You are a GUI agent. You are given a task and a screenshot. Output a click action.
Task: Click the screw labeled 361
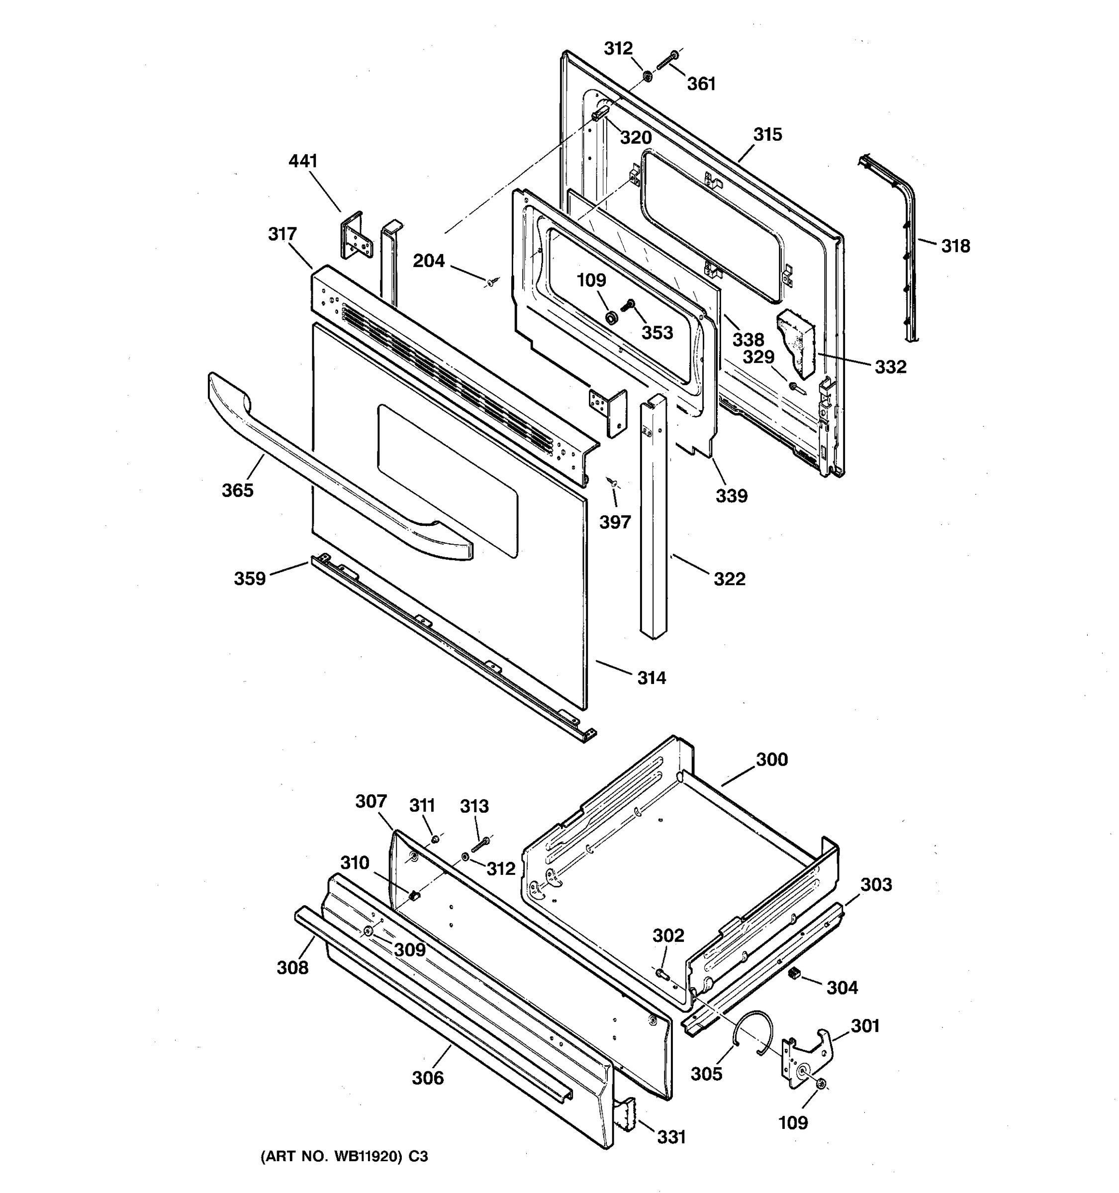point(665,61)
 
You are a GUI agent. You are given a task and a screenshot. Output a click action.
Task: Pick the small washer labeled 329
point(794,386)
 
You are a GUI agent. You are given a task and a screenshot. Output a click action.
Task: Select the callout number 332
point(890,367)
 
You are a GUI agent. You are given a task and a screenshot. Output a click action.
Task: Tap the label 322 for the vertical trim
point(730,579)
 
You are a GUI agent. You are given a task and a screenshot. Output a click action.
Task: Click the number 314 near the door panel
point(652,678)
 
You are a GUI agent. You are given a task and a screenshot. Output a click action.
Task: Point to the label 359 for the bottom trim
point(250,579)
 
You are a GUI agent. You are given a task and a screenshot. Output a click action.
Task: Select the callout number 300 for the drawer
point(771,759)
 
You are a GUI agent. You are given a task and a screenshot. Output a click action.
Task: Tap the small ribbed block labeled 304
point(794,973)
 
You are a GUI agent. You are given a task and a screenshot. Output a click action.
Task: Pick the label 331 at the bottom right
point(671,1137)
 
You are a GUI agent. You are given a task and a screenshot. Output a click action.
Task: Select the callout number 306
point(428,1078)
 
